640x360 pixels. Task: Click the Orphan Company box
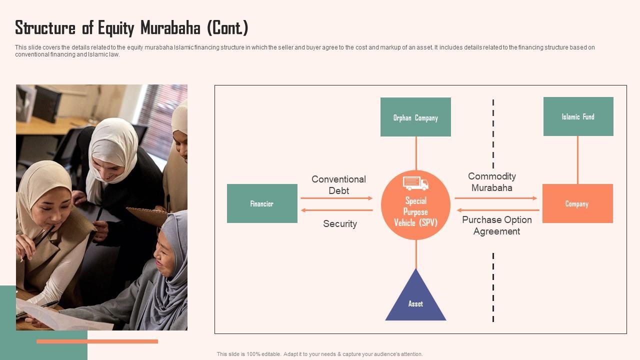pyautogui.click(x=415, y=117)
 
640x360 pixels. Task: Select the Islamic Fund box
pyautogui.click(x=578, y=116)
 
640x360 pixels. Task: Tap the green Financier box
pyautogui.click(x=262, y=203)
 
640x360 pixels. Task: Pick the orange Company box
pyautogui.click(x=577, y=203)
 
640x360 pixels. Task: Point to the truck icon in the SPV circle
pyautogui.click(x=415, y=183)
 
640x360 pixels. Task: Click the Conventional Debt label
pyautogui.click(x=338, y=184)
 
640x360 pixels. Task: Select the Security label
pyautogui.click(x=339, y=223)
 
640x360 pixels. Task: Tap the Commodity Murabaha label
pyautogui.click(x=492, y=182)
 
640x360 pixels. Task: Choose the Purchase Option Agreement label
pyautogui.click(x=496, y=225)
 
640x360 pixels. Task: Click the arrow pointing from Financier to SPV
pyautogui.click(x=336, y=198)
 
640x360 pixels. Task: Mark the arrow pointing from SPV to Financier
pyautogui.click(x=336, y=210)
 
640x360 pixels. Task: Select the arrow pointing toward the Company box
pyautogui.click(x=495, y=198)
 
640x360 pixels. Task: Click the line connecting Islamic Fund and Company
pyautogui.click(x=577, y=160)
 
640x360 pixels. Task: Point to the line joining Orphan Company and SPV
pyautogui.click(x=415, y=153)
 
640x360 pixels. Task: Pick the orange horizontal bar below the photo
pyautogui.click(x=97, y=341)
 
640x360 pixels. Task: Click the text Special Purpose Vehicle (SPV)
pyautogui.click(x=415, y=211)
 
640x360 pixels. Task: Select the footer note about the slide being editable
pyautogui.click(x=319, y=354)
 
